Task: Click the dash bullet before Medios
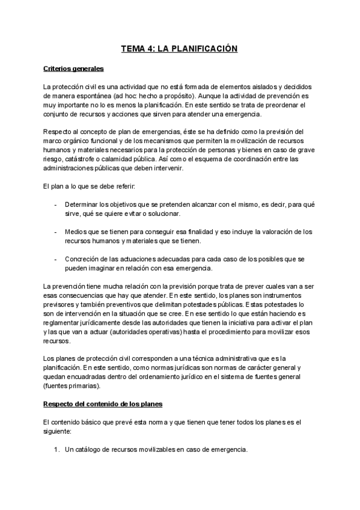pos(55,232)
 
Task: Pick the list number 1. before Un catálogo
pos(56,450)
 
